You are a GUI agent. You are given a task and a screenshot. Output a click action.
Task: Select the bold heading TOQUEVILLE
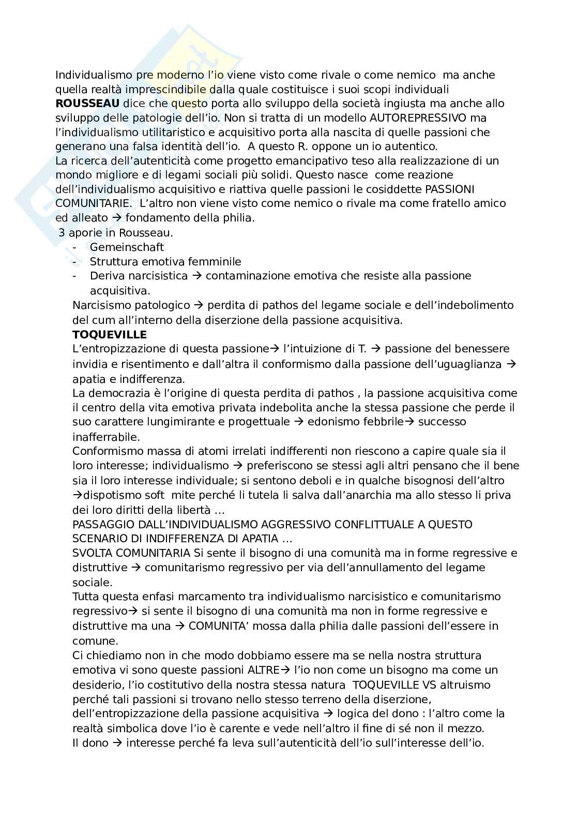click(110, 334)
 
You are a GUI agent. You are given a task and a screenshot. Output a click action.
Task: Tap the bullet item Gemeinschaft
click(127, 247)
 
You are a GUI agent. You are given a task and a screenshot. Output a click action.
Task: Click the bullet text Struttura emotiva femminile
click(165, 262)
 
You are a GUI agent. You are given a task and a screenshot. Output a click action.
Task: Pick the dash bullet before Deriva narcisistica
click(76, 276)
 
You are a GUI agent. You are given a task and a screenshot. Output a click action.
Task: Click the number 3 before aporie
click(62, 233)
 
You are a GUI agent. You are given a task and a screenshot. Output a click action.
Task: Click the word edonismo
click(332, 422)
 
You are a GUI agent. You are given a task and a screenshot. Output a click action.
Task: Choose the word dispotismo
click(110, 495)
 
